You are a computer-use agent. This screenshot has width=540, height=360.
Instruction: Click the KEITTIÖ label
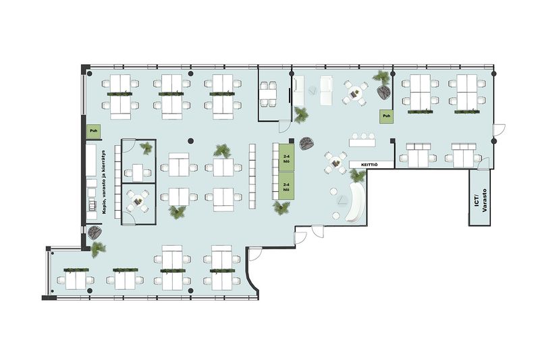pyautogui.click(x=369, y=165)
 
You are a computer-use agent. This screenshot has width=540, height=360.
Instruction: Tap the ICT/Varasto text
pyautogui.click(x=480, y=200)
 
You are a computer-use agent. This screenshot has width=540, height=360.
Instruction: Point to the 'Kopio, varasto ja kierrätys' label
pyautogui.click(x=105, y=182)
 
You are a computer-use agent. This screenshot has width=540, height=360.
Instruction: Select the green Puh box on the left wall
pyautogui.click(x=94, y=131)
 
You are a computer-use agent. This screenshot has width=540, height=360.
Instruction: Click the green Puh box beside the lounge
pyautogui.click(x=387, y=116)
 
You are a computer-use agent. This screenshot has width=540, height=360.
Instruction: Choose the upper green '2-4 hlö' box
pyautogui.click(x=286, y=157)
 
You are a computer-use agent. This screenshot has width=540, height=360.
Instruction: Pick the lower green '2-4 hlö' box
pyautogui.click(x=286, y=186)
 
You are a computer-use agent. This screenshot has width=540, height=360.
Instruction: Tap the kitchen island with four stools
pyautogui.click(x=362, y=142)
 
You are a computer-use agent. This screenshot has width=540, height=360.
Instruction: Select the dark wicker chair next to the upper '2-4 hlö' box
pyautogui.click(x=306, y=143)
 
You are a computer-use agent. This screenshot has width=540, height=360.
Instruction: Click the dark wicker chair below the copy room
pyautogui.click(x=94, y=232)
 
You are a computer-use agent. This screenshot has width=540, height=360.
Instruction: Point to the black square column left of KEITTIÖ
pyautogui.click(x=392, y=140)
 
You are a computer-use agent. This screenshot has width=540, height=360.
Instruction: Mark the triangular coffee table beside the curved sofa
pyautogui.click(x=342, y=200)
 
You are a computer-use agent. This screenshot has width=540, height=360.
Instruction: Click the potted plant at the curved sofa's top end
pyautogui.click(x=358, y=176)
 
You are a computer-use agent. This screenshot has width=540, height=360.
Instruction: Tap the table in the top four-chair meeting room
pyautogui.click(x=268, y=94)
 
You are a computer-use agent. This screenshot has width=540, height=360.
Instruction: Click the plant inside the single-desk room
pyautogui.click(x=146, y=149)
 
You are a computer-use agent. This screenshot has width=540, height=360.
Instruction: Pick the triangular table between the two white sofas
pyautogui.click(x=313, y=91)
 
